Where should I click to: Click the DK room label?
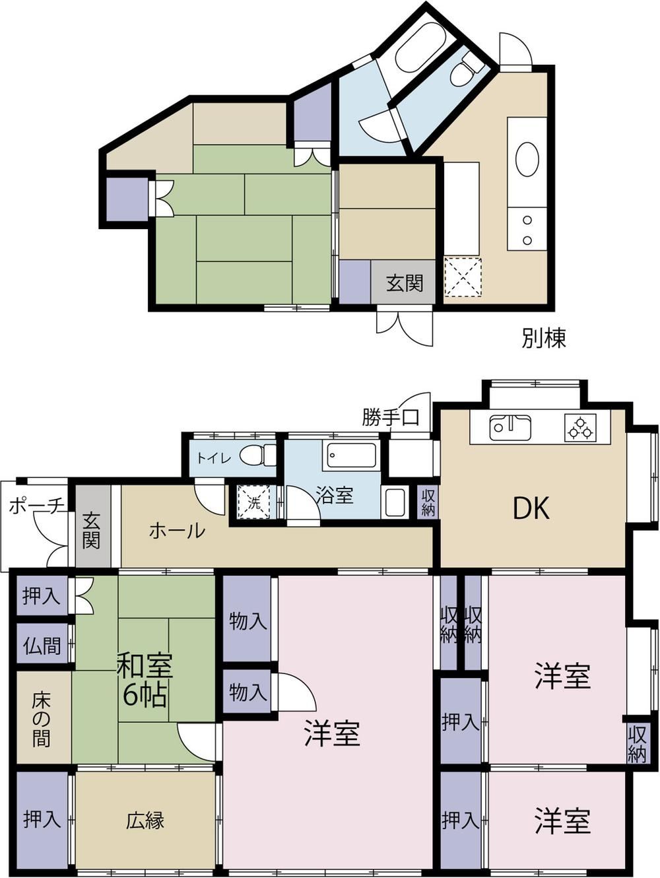(531, 509)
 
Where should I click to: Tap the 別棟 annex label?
(544, 338)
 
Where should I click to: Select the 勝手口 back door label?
(391, 417)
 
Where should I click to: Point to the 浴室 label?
(335, 495)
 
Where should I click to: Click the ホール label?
(177, 531)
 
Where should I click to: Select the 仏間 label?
(42, 646)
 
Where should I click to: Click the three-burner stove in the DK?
(580, 428)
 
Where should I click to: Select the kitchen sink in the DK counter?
(510, 428)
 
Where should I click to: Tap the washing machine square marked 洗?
(254, 502)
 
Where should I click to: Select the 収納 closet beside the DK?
(428, 502)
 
